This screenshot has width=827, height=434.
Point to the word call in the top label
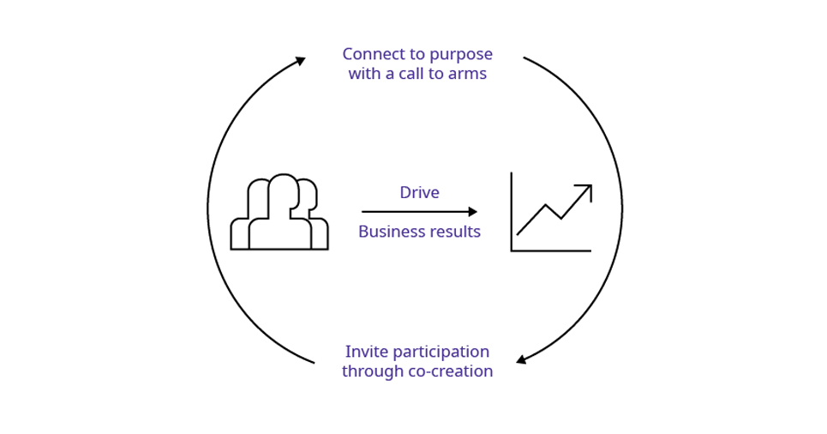click(x=413, y=74)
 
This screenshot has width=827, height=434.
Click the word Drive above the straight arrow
click(x=419, y=193)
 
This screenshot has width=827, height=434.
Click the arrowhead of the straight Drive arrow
click(x=473, y=212)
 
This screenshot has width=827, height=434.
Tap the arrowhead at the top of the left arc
click(x=301, y=60)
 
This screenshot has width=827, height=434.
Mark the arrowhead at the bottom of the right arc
click(x=520, y=359)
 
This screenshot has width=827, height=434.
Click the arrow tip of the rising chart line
click(x=589, y=187)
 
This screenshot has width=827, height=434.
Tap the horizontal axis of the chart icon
click(x=551, y=250)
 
